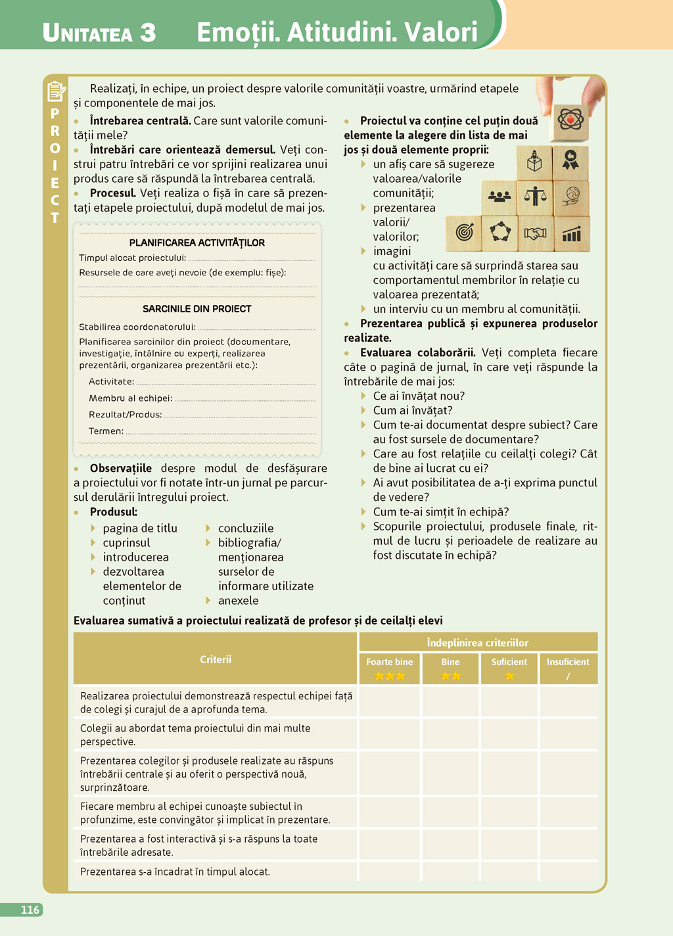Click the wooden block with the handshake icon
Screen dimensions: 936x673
pyautogui.click(x=536, y=233)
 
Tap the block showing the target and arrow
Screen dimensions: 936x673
pyautogui.click(x=464, y=233)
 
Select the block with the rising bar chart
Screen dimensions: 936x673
pyautogui.click(x=571, y=233)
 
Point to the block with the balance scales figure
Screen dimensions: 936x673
pyautogui.click(x=536, y=197)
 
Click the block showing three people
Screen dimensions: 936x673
pyautogui.click(x=499, y=197)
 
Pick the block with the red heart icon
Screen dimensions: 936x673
pyautogui.click(x=570, y=122)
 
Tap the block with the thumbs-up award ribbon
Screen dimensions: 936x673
pyautogui.click(x=570, y=162)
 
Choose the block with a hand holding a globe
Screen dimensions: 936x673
pyautogui.click(x=571, y=197)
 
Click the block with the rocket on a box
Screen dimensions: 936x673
pyautogui.click(x=535, y=162)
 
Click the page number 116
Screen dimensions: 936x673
pyautogui.click(x=30, y=910)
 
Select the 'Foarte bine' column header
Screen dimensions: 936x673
pyautogui.click(x=390, y=662)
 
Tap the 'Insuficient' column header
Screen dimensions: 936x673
pyautogui.click(x=568, y=662)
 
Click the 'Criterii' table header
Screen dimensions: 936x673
pyautogui.click(x=216, y=659)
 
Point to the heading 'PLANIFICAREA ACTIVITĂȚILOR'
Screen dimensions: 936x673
pyautogui.click(x=197, y=243)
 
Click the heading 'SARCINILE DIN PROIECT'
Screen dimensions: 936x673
pyautogui.click(x=197, y=308)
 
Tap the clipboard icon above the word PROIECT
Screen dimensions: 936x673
pyautogui.click(x=57, y=91)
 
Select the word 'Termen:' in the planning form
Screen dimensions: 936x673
pyautogui.click(x=106, y=431)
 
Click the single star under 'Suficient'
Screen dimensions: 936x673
pyautogui.click(x=509, y=676)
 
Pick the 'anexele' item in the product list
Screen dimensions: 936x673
pyautogui.click(x=238, y=600)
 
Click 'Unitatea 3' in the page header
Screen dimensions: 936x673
pyautogui.click(x=99, y=33)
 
